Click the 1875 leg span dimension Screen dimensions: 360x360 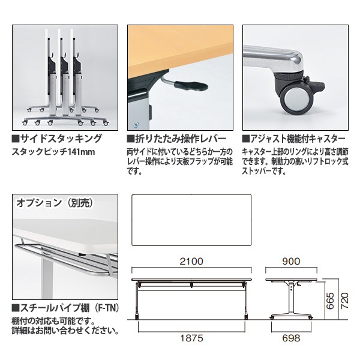191,338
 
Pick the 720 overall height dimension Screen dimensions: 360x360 344,299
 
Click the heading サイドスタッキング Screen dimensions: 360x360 56,139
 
